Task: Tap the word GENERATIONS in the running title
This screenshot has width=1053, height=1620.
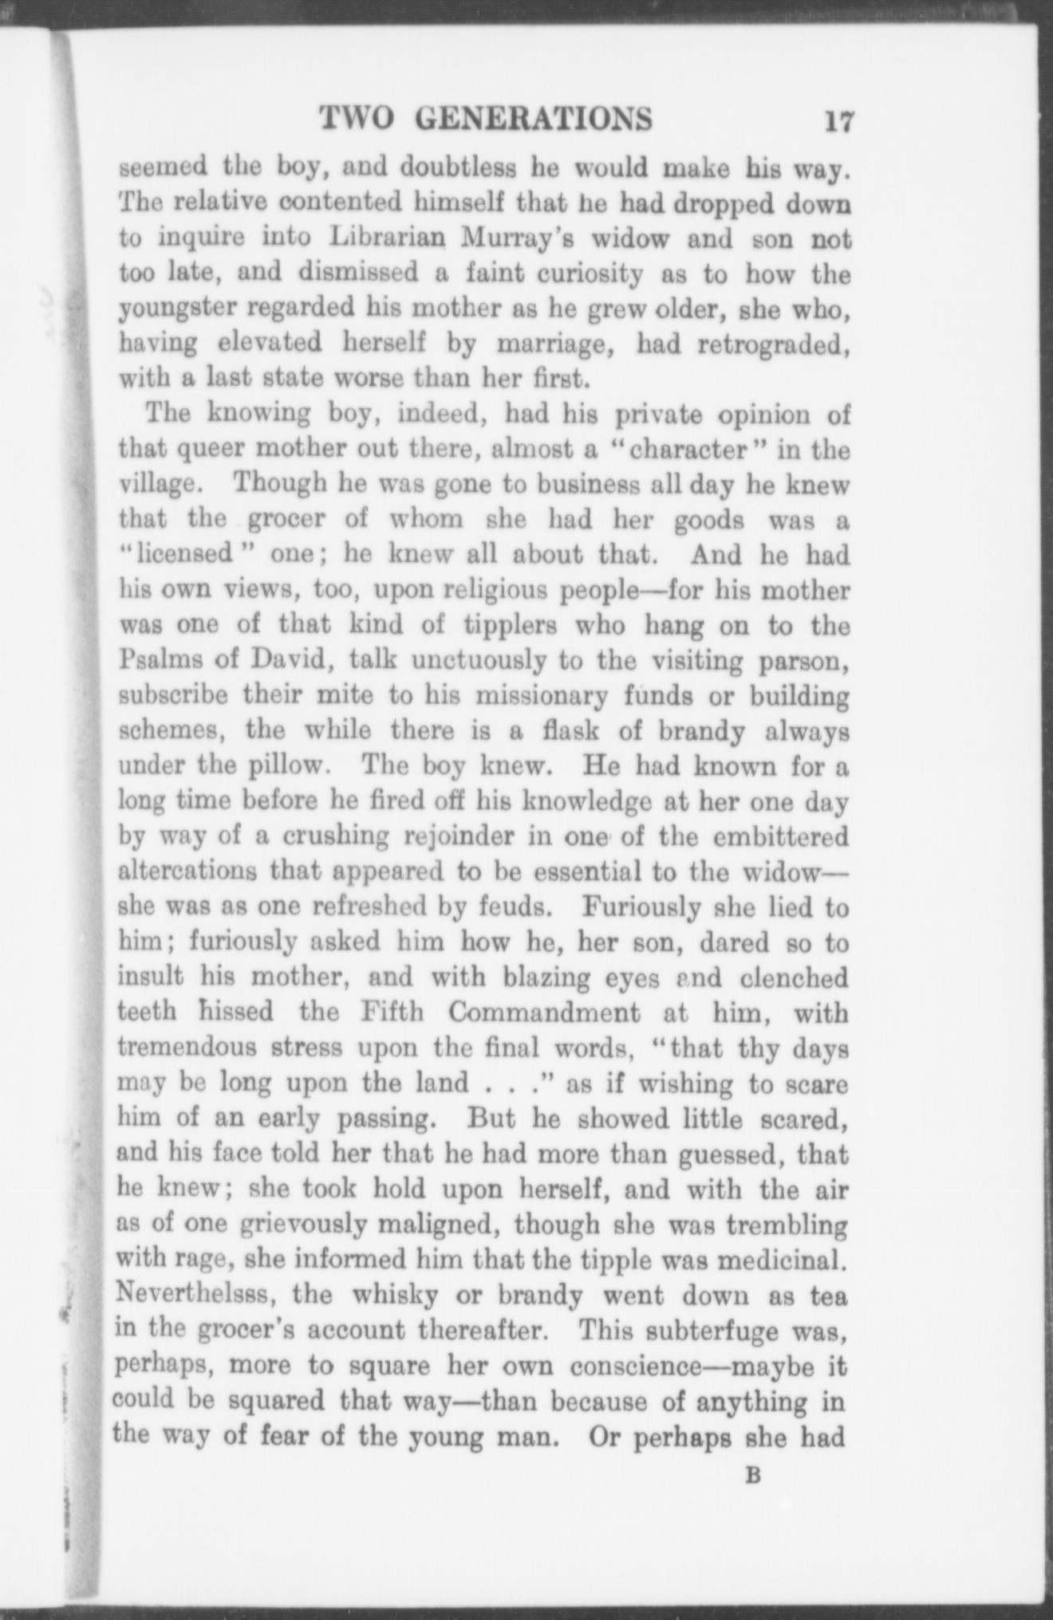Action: pos(535,119)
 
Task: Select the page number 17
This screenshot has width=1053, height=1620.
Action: pos(839,122)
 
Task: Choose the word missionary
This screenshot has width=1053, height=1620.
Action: pos(554,696)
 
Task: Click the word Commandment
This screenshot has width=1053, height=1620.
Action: pos(544,1012)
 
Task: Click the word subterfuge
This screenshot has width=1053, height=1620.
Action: pos(715,1329)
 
